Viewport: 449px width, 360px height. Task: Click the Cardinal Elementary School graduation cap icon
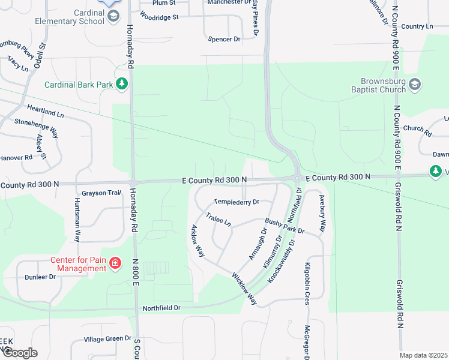pos(113,17)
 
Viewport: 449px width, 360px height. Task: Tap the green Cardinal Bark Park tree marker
pos(122,83)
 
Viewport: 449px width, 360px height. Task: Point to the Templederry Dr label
pos(237,202)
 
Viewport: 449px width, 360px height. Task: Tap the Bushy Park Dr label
pos(285,226)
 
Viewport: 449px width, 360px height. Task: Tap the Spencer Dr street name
pos(223,39)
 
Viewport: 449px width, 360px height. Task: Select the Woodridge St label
pos(159,17)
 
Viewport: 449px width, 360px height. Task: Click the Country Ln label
pos(417,26)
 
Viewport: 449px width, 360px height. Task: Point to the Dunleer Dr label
pos(40,277)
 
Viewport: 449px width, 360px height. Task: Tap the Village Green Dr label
pos(107,338)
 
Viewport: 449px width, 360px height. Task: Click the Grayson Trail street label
pos(101,193)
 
